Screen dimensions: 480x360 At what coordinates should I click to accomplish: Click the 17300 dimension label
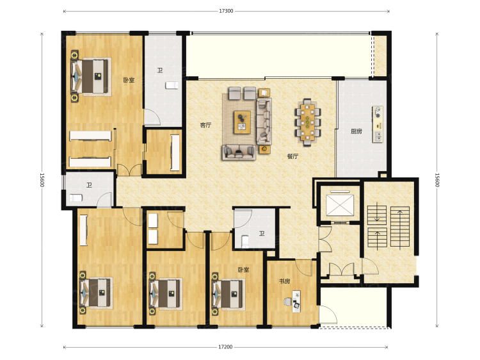(x=226, y=11)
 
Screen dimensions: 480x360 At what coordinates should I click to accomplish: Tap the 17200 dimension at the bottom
(x=225, y=347)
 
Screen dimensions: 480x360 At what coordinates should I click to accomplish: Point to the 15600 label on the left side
(x=42, y=180)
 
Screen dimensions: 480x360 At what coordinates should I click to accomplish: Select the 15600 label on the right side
(x=437, y=180)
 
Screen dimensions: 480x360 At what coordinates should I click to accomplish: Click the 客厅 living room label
(x=205, y=125)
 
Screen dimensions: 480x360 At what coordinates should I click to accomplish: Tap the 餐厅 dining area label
(x=292, y=156)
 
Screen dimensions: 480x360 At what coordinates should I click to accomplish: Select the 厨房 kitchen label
(x=356, y=131)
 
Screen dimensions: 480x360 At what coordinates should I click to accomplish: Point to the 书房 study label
(x=285, y=281)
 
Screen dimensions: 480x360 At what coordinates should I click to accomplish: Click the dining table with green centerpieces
(x=307, y=122)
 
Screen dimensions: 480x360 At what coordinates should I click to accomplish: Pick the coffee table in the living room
(x=242, y=122)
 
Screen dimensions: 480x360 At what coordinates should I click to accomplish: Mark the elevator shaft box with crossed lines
(x=339, y=205)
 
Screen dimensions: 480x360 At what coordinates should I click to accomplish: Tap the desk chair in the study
(x=288, y=302)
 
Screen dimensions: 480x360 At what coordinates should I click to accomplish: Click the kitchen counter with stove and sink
(x=378, y=124)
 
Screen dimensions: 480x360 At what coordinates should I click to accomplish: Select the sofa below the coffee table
(x=239, y=152)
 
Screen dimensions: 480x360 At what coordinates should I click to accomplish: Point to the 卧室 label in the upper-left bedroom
(x=129, y=80)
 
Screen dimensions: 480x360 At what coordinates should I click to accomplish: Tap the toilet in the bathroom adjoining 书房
(x=245, y=241)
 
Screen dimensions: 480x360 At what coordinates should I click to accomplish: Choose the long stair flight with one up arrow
(x=400, y=227)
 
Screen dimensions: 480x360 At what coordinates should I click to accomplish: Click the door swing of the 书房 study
(x=303, y=268)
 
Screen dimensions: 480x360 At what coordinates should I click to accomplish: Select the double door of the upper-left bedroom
(x=129, y=170)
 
